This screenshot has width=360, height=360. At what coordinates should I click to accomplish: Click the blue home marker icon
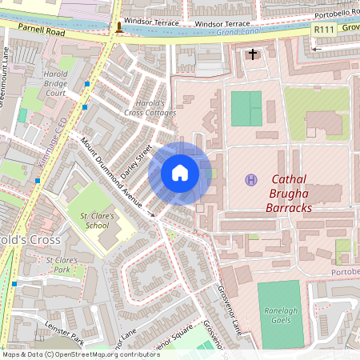180,173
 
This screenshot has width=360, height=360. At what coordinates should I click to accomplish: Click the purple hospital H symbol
251,180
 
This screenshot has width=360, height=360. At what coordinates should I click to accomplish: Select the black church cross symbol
254,54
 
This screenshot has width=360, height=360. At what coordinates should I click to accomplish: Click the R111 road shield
323,30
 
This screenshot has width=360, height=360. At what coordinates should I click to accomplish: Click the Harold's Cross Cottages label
150,108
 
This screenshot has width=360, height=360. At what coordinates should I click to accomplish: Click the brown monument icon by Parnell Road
119,28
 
